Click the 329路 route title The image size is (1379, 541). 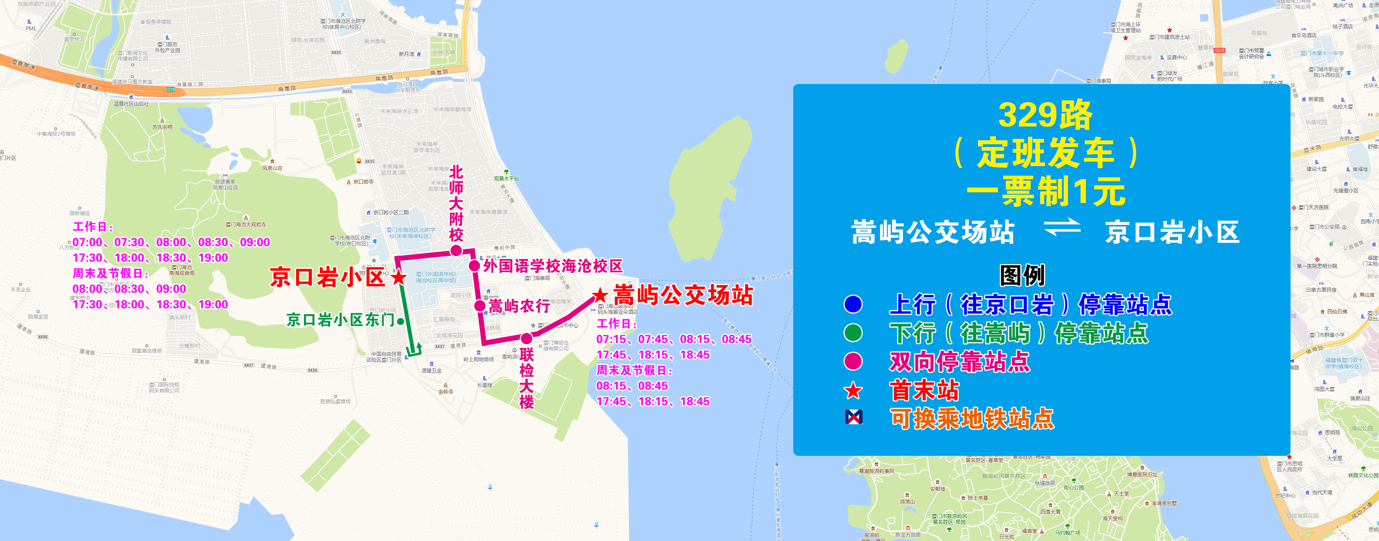[1044, 115]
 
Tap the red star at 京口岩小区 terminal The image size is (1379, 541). [398, 277]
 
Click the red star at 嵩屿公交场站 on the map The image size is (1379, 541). [600, 295]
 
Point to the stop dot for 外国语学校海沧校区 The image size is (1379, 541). [474, 265]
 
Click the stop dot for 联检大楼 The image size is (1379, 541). [527, 338]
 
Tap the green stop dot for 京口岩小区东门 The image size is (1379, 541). [401, 321]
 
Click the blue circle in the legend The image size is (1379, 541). [853, 304]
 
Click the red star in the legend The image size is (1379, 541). [853, 390]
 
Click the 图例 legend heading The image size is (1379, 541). [1022, 276]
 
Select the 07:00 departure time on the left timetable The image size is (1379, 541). [87, 242]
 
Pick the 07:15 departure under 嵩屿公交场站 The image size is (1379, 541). [611, 339]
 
